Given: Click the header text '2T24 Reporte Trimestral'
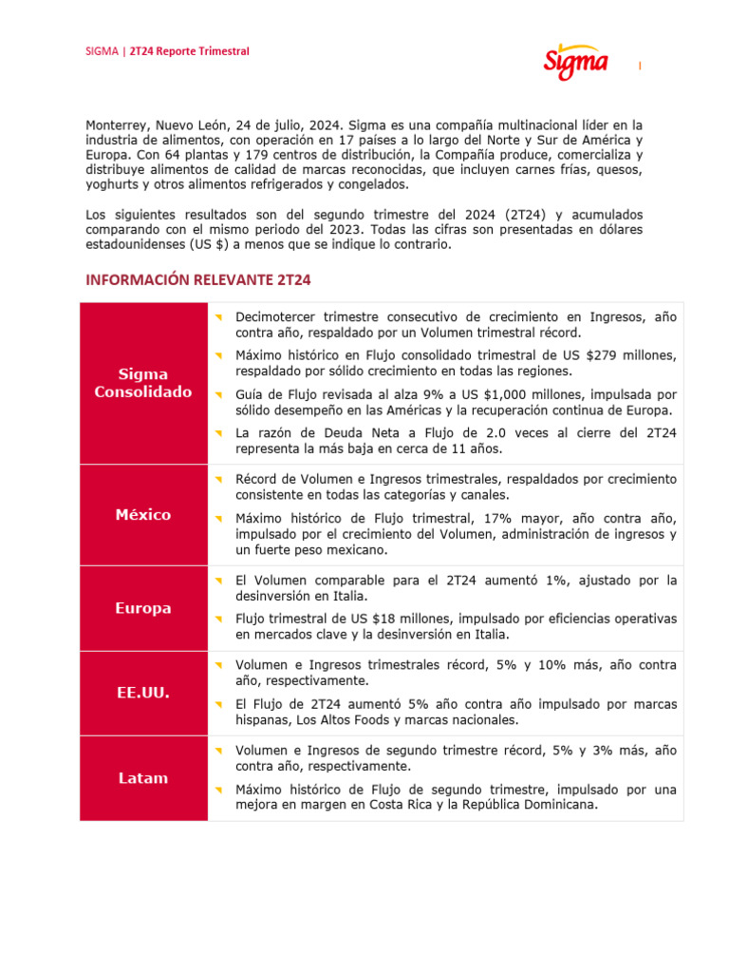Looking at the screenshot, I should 189,51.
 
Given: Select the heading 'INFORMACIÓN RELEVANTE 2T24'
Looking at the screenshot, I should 198,280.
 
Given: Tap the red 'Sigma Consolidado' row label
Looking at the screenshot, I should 143,383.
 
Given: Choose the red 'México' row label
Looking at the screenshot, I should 143,515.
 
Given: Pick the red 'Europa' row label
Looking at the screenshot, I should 143,608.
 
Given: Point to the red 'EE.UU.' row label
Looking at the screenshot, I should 143,693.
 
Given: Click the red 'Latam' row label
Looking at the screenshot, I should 143,778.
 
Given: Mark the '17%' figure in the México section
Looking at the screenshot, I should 530,518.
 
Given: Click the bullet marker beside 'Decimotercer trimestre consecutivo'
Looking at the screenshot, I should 217,316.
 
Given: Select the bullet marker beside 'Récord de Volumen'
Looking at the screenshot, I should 217,479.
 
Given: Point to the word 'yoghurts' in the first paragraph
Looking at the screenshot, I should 114,185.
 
